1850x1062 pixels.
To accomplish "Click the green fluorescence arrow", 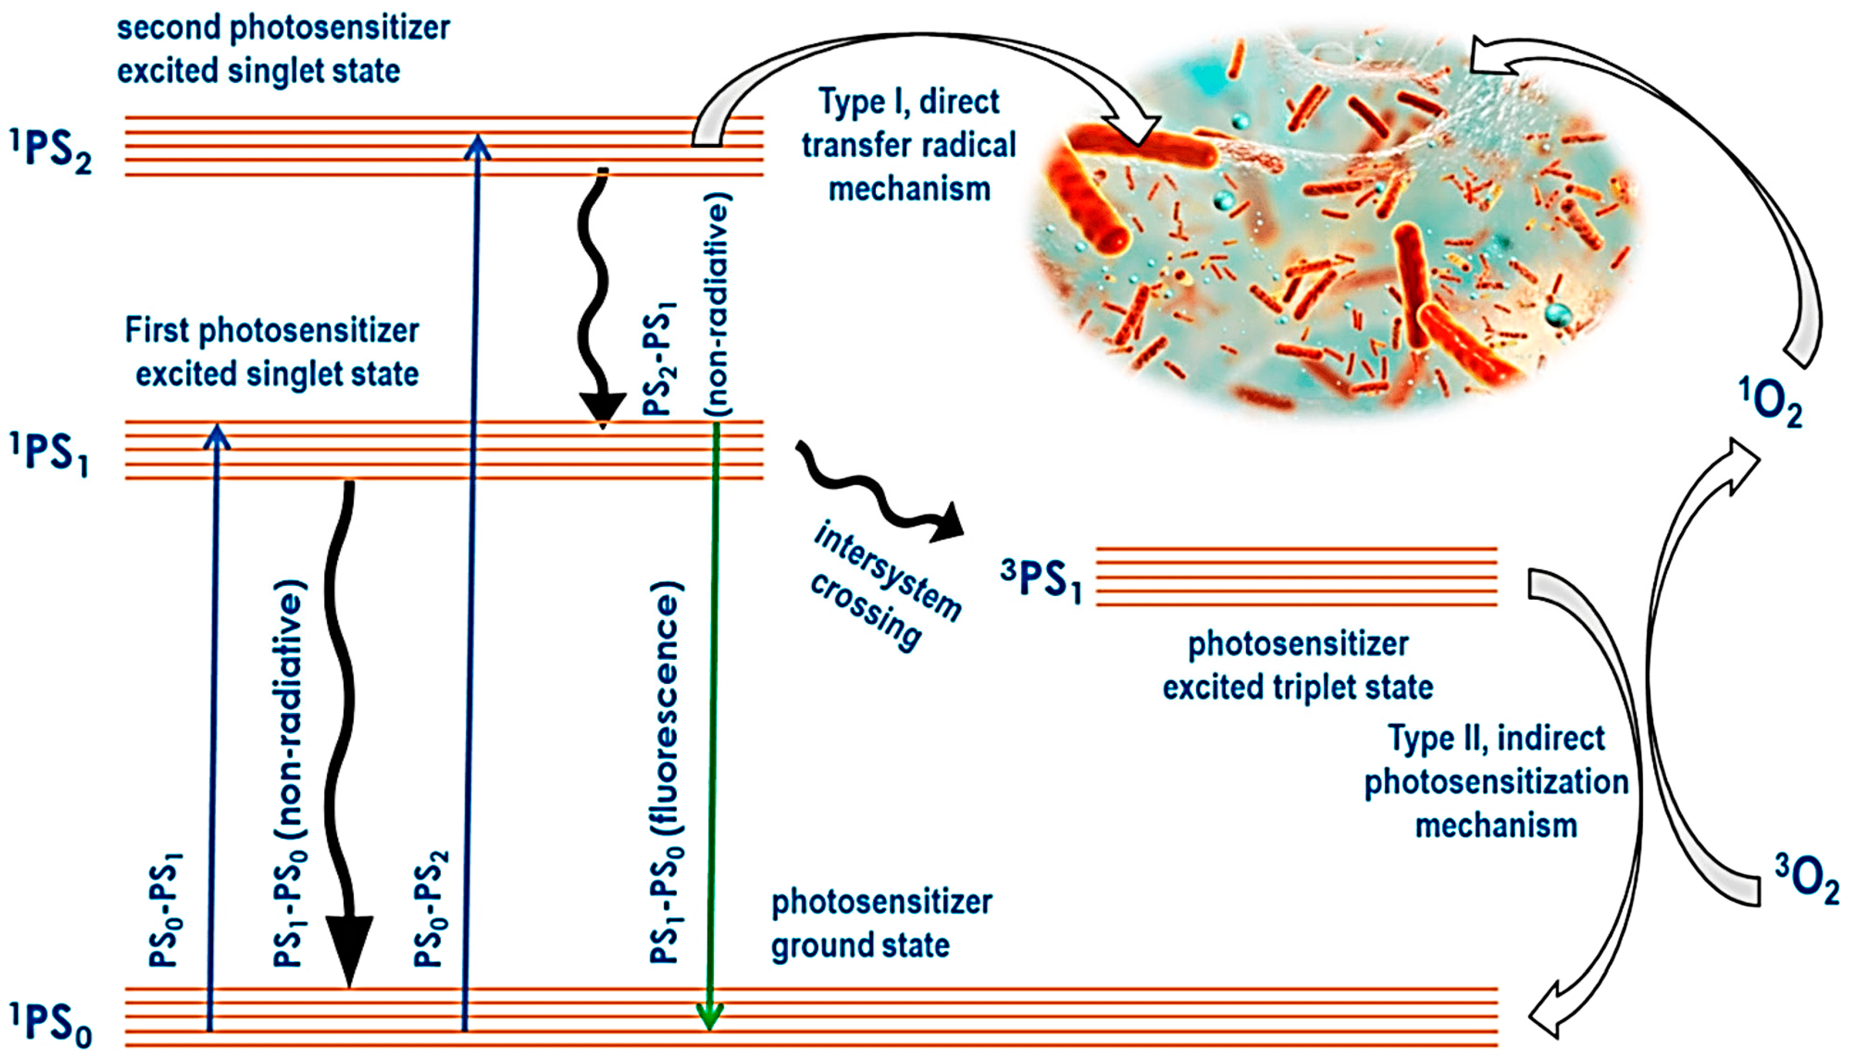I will [713, 729].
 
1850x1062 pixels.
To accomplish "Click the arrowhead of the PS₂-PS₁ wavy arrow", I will [602, 409].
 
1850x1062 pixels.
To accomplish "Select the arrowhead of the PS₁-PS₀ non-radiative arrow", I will [349, 948].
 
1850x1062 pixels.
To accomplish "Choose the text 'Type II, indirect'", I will [1496, 738].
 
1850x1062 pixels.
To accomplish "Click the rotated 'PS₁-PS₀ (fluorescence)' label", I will [665, 773].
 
